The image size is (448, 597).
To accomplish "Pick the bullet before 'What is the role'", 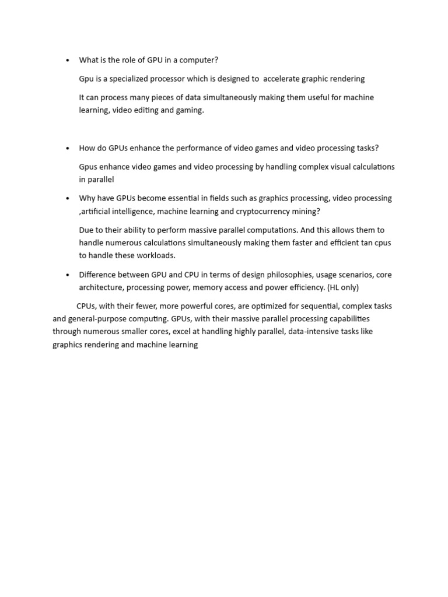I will (68, 60).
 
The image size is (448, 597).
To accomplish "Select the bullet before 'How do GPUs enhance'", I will (68, 148).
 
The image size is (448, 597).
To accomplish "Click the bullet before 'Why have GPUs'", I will (68, 199).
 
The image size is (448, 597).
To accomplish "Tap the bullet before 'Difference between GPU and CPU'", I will (68, 275).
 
